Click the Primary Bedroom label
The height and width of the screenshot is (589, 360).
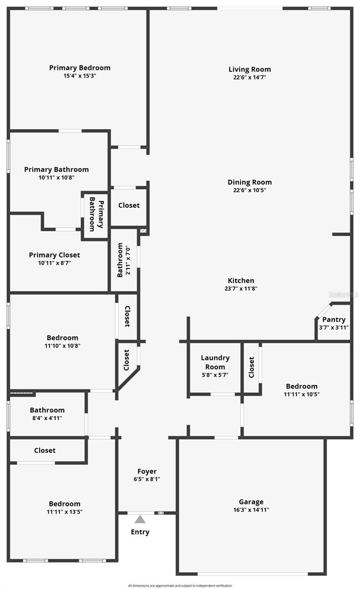[x=80, y=68]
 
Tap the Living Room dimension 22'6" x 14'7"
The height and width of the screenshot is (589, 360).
[x=249, y=77]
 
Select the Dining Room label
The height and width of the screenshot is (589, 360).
[x=249, y=182]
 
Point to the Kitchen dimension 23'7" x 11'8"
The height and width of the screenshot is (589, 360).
[x=241, y=289]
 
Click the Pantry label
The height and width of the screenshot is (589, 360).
[x=333, y=320]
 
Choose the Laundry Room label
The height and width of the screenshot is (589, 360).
[x=215, y=362]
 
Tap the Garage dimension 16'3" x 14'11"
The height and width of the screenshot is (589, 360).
[x=251, y=509]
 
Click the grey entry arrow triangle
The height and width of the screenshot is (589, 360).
[x=140, y=519]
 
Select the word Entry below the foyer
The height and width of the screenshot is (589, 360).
[x=140, y=532]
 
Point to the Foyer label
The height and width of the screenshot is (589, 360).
[x=147, y=471]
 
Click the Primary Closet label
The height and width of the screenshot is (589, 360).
[x=55, y=255]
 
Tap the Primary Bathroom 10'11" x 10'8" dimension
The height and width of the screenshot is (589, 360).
[x=56, y=178]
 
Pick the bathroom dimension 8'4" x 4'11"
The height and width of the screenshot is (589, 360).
[x=47, y=418]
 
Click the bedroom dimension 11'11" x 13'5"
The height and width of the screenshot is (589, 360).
[x=64, y=511]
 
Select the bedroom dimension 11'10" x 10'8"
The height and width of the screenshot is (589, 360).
[x=62, y=346]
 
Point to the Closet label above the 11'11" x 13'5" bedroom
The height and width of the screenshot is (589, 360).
[x=45, y=450]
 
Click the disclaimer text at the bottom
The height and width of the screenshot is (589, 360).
[x=180, y=586]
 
